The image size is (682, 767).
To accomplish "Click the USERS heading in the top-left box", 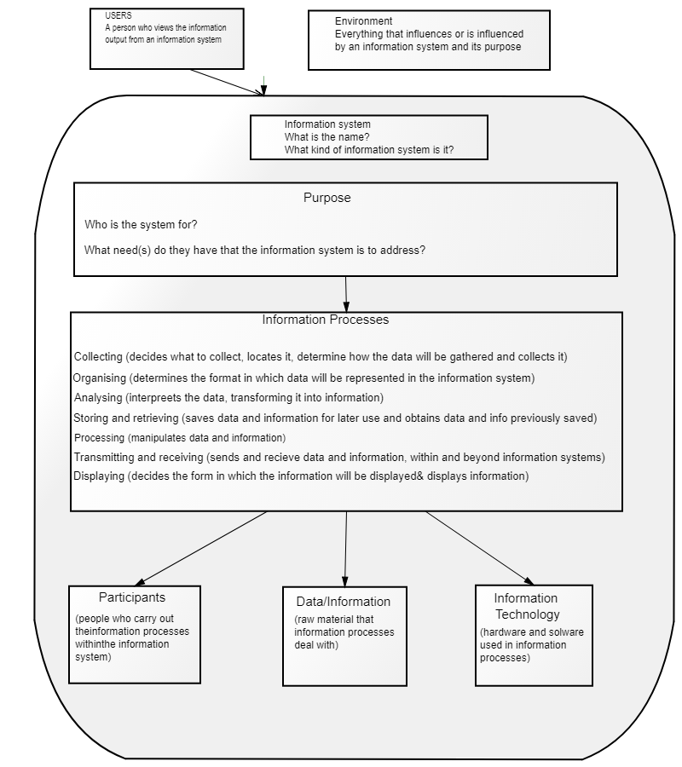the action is pyautogui.click(x=118, y=15).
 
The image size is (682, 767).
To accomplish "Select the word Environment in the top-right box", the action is pyautogui.click(x=363, y=21).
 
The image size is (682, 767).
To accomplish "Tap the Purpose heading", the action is pyautogui.click(x=327, y=198).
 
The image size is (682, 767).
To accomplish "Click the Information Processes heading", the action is pyautogui.click(x=326, y=320).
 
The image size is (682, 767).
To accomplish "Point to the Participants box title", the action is pyautogui.click(x=132, y=597).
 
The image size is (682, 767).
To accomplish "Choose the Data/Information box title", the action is pyautogui.click(x=344, y=601).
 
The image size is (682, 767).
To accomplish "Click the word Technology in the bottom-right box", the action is pyautogui.click(x=528, y=614).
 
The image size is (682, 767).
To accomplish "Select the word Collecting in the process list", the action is pyautogui.click(x=98, y=356).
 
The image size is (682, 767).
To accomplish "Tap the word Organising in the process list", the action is pyautogui.click(x=99, y=378).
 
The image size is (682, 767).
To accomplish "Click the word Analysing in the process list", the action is pyautogui.click(x=98, y=398).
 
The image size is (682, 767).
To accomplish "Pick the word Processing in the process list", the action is pyautogui.click(x=99, y=438).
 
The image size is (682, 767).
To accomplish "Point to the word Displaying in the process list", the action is pyautogui.click(x=99, y=476).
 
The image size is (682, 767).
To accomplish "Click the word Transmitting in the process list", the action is pyautogui.click(x=104, y=458).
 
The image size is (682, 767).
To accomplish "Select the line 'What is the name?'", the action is pyautogui.click(x=327, y=137).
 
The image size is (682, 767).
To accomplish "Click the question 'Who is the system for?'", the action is pyautogui.click(x=141, y=224).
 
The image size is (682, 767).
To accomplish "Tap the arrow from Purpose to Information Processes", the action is pyautogui.click(x=346, y=294).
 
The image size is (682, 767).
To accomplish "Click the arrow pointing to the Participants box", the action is pyautogui.click(x=200, y=548).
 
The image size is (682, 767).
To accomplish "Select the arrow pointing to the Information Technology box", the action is pyautogui.click(x=480, y=548).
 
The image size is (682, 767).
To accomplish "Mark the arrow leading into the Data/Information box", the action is pyautogui.click(x=345, y=550).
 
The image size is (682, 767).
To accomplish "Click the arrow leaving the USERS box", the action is pyautogui.click(x=228, y=82).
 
